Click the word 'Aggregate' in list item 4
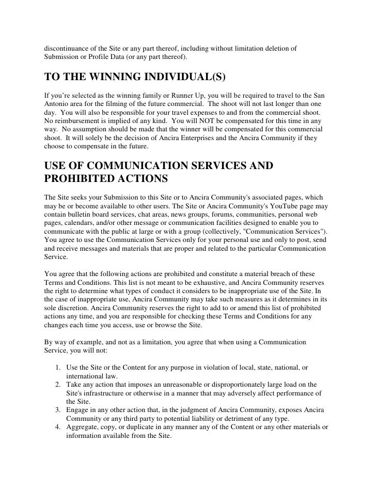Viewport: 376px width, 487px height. click(83, 427)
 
